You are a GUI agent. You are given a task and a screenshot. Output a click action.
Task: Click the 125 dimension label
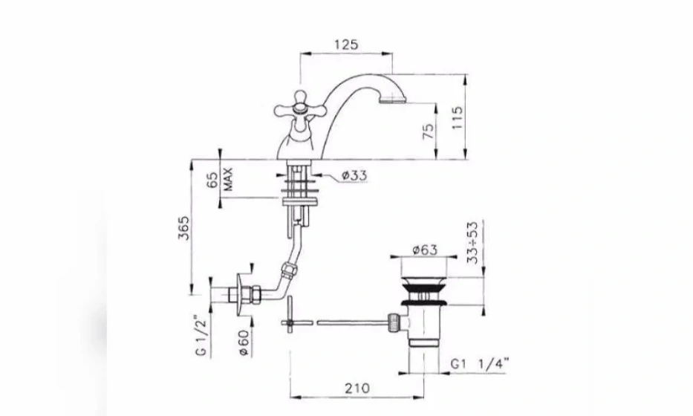pyautogui.click(x=346, y=45)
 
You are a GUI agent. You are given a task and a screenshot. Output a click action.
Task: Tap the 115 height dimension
pyautogui.click(x=457, y=117)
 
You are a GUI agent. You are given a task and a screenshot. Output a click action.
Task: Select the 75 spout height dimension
pyautogui.click(x=429, y=131)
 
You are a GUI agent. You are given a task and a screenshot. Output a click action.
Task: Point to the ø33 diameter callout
pyautogui.click(x=354, y=175)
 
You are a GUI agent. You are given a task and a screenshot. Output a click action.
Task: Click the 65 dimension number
pyautogui.click(x=212, y=180)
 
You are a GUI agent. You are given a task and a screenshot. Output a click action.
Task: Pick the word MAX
pyautogui.click(x=228, y=179)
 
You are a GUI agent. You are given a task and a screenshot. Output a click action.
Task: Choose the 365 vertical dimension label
pyautogui.click(x=183, y=228)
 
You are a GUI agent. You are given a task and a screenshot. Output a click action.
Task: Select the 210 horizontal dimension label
pyautogui.click(x=357, y=389)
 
